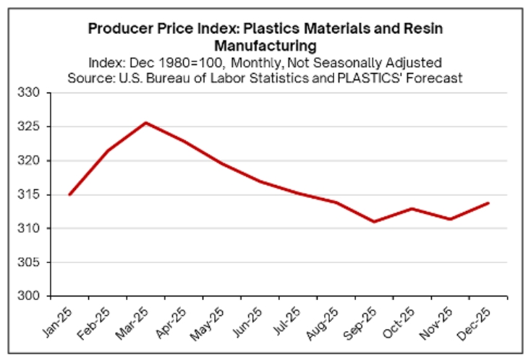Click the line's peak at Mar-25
click(x=146, y=123)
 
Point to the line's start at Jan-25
click(x=70, y=194)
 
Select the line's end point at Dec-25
click(x=488, y=203)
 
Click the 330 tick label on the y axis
click(x=35, y=93)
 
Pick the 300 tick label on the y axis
click(x=35, y=296)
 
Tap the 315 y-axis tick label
click(x=35, y=195)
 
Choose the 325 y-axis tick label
click(x=35, y=127)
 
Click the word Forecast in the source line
click(x=436, y=77)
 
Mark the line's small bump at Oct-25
click(x=412, y=209)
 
